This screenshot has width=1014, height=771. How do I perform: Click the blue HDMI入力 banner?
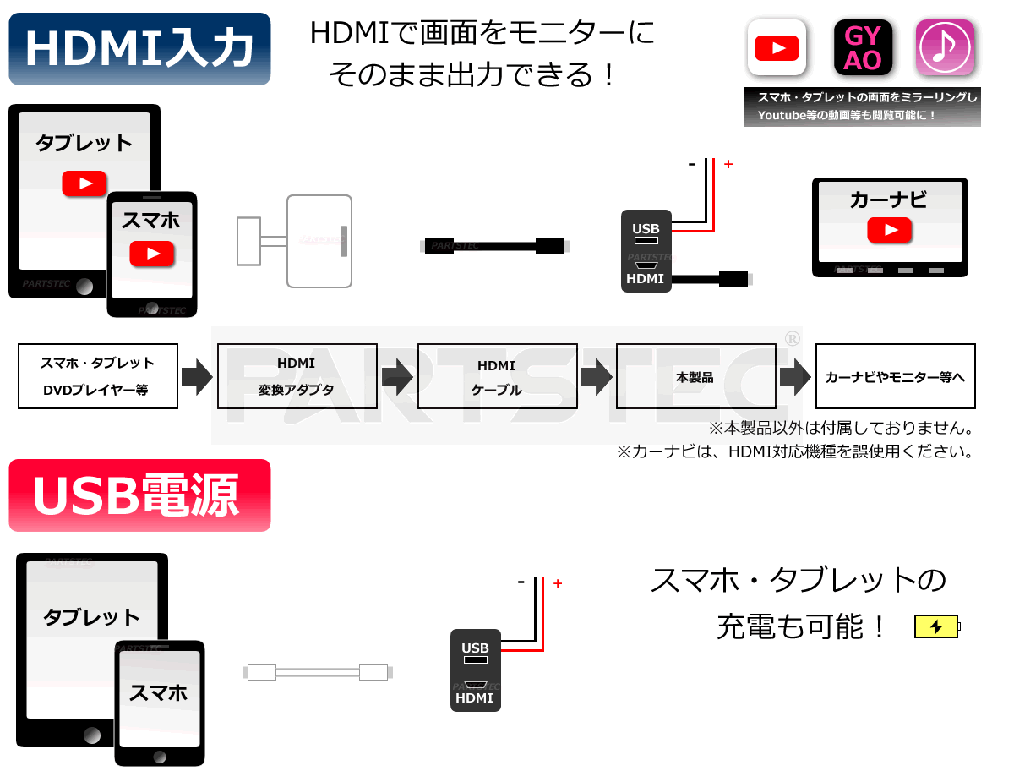(139, 48)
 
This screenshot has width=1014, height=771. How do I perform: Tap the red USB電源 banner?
(139, 495)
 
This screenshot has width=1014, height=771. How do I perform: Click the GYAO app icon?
(862, 47)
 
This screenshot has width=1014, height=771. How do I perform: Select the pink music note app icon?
(944, 47)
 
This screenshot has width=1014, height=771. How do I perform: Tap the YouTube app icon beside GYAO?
(776, 47)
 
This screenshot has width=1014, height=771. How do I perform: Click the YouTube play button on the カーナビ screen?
(888, 230)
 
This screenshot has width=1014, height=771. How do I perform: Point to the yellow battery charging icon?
(937, 626)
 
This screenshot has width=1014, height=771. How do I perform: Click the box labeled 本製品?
(695, 375)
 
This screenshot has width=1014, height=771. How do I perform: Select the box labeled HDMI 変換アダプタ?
(297, 375)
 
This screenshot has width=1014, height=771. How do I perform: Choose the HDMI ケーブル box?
(497, 375)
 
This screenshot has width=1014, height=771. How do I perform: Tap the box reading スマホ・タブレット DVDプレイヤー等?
(97, 375)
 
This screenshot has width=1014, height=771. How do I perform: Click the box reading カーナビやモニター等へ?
(895, 375)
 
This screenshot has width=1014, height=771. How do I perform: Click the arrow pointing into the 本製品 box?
(597, 376)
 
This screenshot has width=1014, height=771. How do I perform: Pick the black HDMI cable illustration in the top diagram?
(493, 246)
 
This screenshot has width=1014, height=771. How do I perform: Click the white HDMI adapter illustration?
(294, 241)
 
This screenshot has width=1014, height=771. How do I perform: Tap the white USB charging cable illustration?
(318, 672)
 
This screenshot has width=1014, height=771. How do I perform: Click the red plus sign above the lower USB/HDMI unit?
(557, 582)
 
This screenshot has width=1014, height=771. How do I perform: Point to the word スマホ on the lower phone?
(157, 692)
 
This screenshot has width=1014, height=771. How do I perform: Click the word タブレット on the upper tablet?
(84, 143)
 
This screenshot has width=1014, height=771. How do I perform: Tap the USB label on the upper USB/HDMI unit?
(646, 228)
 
